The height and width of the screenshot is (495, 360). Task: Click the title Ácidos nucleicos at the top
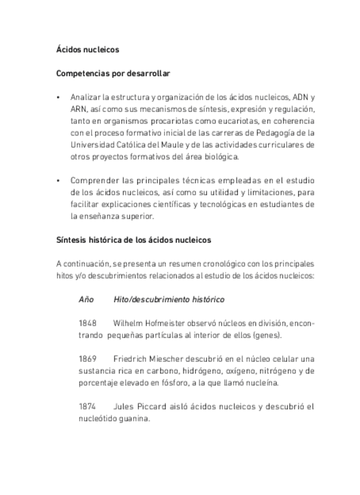87,50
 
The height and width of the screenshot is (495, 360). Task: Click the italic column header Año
86,299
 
